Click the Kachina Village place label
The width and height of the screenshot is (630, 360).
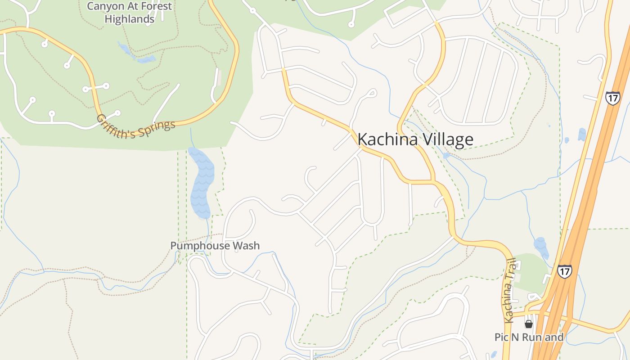[x=415, y=139]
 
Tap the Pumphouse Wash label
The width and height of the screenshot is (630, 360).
[x=215, y=246]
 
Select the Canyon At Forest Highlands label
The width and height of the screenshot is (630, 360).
[x=129, y=13]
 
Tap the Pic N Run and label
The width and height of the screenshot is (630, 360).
[x=529, y=337]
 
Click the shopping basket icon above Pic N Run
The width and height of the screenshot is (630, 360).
[x=529, y=324]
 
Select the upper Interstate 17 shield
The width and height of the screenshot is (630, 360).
[x=612, y=98]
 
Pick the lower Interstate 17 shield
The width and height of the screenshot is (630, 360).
[x=564, y=271]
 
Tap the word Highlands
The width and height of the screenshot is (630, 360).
[x=129, y=19]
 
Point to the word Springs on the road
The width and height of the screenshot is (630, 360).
[x=157, y=126]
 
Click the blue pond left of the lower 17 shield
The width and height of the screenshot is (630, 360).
[x=540, y=247]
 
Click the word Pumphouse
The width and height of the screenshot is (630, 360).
[x=199, y=246]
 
